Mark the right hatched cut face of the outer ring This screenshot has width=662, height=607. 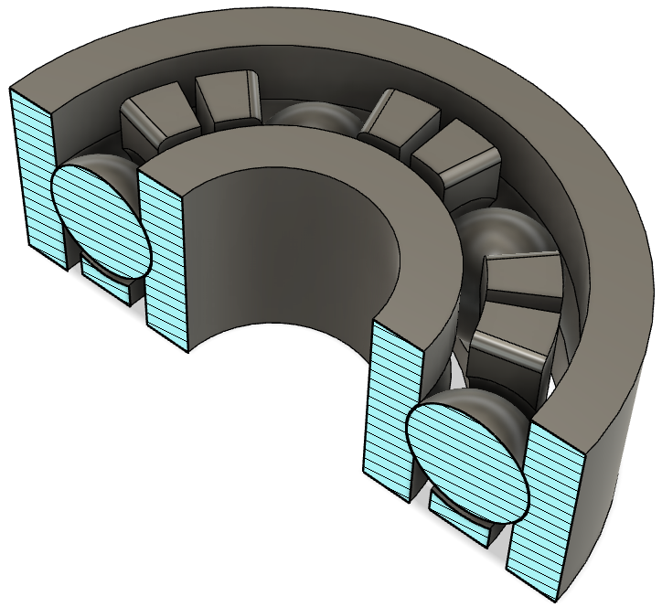tap(544, 512)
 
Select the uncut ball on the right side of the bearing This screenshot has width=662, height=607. tap(503, 234)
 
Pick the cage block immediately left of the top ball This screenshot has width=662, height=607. tap(229, 101)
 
